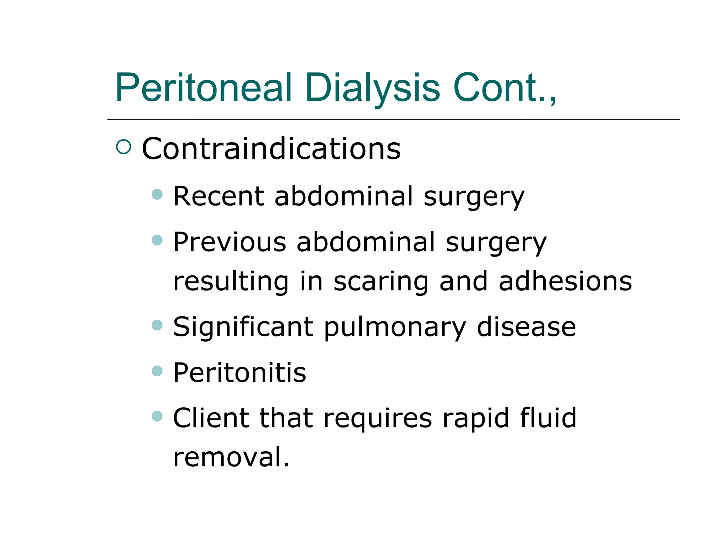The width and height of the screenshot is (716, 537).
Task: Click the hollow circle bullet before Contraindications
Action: pos(123,147)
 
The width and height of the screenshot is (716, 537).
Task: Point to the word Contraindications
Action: pos(271,149)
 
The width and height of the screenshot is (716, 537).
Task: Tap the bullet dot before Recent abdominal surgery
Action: pos(157,194)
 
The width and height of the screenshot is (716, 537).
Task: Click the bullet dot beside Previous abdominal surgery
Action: pos(157,240)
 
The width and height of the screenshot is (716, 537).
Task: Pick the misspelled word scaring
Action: pos(381,282)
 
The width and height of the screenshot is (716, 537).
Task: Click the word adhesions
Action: pos(565,281)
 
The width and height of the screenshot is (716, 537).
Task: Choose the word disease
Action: pos(526,327)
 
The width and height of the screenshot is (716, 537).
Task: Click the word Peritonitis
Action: pos(239,373)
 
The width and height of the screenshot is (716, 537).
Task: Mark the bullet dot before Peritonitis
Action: pos(157,371)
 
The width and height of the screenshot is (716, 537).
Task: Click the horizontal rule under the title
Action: pos(393,119)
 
